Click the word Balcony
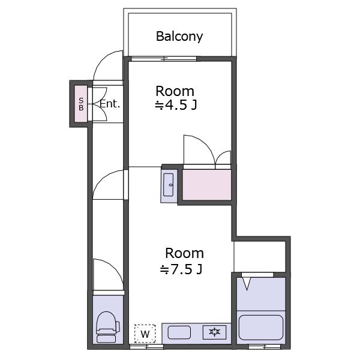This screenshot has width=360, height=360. (179, 37)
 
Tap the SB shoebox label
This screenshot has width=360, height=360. (81, 104)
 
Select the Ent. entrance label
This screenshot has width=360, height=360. (110, 104)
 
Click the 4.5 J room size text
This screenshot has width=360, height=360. (176, 106)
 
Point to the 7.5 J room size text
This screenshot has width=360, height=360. (181, 269)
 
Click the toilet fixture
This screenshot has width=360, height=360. (107, 327)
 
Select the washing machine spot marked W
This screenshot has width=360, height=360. (145, 334)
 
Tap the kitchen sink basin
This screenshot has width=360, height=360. (179, 332)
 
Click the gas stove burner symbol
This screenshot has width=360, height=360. (214, 332)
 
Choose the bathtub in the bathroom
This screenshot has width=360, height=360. (261, 328)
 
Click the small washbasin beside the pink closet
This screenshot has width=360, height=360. (168, 185)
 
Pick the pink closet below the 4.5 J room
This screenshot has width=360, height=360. (206, 185)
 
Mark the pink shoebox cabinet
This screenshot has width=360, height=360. (81, 104)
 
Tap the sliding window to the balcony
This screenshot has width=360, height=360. (164, 59)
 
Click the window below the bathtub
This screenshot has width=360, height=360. (265, 347)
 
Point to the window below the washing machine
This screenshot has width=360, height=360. (147, 347)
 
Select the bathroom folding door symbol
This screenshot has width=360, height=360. (247, 284)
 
